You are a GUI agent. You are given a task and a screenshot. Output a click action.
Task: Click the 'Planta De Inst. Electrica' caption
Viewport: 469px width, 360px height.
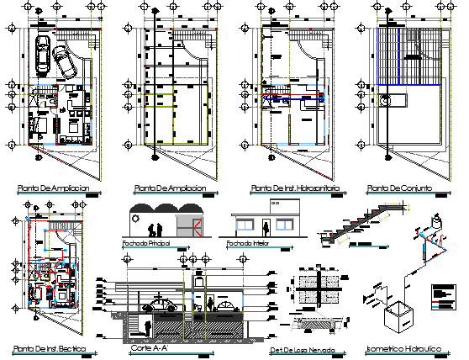(x=48, y=348)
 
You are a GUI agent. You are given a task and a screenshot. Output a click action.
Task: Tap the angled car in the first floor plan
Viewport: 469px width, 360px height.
(x=63, y=61)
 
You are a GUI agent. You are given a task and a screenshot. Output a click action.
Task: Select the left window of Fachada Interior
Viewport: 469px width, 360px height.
(x=245, y=225)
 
